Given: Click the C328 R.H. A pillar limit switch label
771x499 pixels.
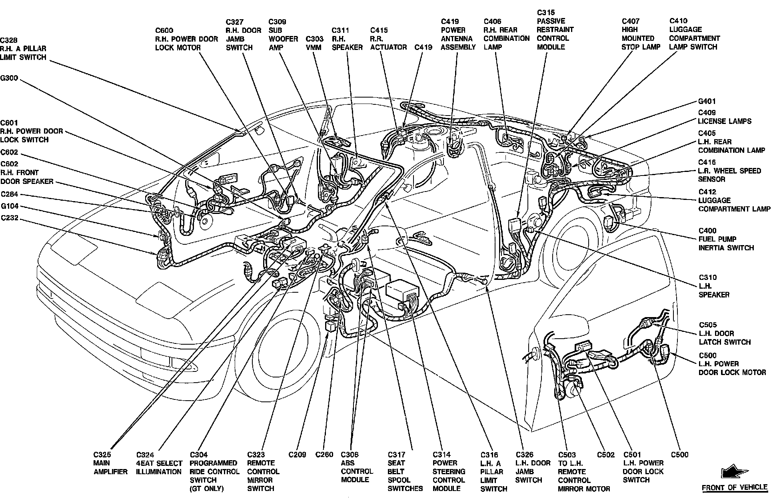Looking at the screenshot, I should tap(23, 49).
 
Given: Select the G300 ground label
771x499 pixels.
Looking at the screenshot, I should tap(9, 78).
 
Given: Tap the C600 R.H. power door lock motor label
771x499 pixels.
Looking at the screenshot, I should tap(186, 39).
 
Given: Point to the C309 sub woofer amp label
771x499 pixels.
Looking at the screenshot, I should tap(283, 34).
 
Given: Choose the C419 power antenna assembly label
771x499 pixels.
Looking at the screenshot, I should tap(458, 34).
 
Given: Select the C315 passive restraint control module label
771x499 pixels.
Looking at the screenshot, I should tap(555, 30).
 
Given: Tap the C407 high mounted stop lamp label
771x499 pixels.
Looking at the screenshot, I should tap(638, 34).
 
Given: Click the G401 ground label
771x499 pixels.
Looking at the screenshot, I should tap(707, 102).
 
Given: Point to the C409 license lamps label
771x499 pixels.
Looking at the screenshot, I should tap(725, 117).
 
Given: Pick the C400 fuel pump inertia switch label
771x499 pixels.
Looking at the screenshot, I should tap(726, 239).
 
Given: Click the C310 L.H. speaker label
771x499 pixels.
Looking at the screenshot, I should tap(714, 286).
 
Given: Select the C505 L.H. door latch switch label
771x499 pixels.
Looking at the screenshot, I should tap(725, 333).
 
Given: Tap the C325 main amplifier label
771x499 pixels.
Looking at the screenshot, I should tap(110, 463).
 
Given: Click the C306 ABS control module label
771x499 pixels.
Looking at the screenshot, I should tap(357, 467).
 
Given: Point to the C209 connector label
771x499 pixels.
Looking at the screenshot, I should tap(297, 455).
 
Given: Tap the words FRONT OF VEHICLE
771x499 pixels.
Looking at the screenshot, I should tap(735, 488).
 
